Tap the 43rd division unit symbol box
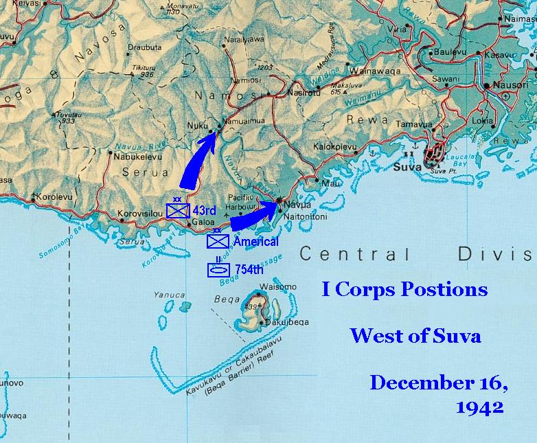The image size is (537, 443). click(x=178, y=209)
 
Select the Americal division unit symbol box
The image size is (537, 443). click(x=218, y=241)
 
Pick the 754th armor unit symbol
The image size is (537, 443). click(x=219, y=270)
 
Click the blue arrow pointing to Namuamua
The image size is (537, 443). click(x=198, y=159)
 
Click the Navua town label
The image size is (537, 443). click(x=296, y=205)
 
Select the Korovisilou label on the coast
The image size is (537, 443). click(x=140, y=213)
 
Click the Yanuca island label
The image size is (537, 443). click(x=170, y=295)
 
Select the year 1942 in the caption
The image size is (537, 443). click(x=479, y=407)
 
